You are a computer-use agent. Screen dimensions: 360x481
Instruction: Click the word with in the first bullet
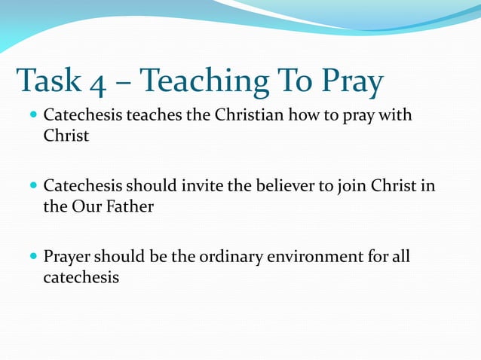tap(397, 117)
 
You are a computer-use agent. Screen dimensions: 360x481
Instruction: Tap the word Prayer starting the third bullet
tap(68, 257)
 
